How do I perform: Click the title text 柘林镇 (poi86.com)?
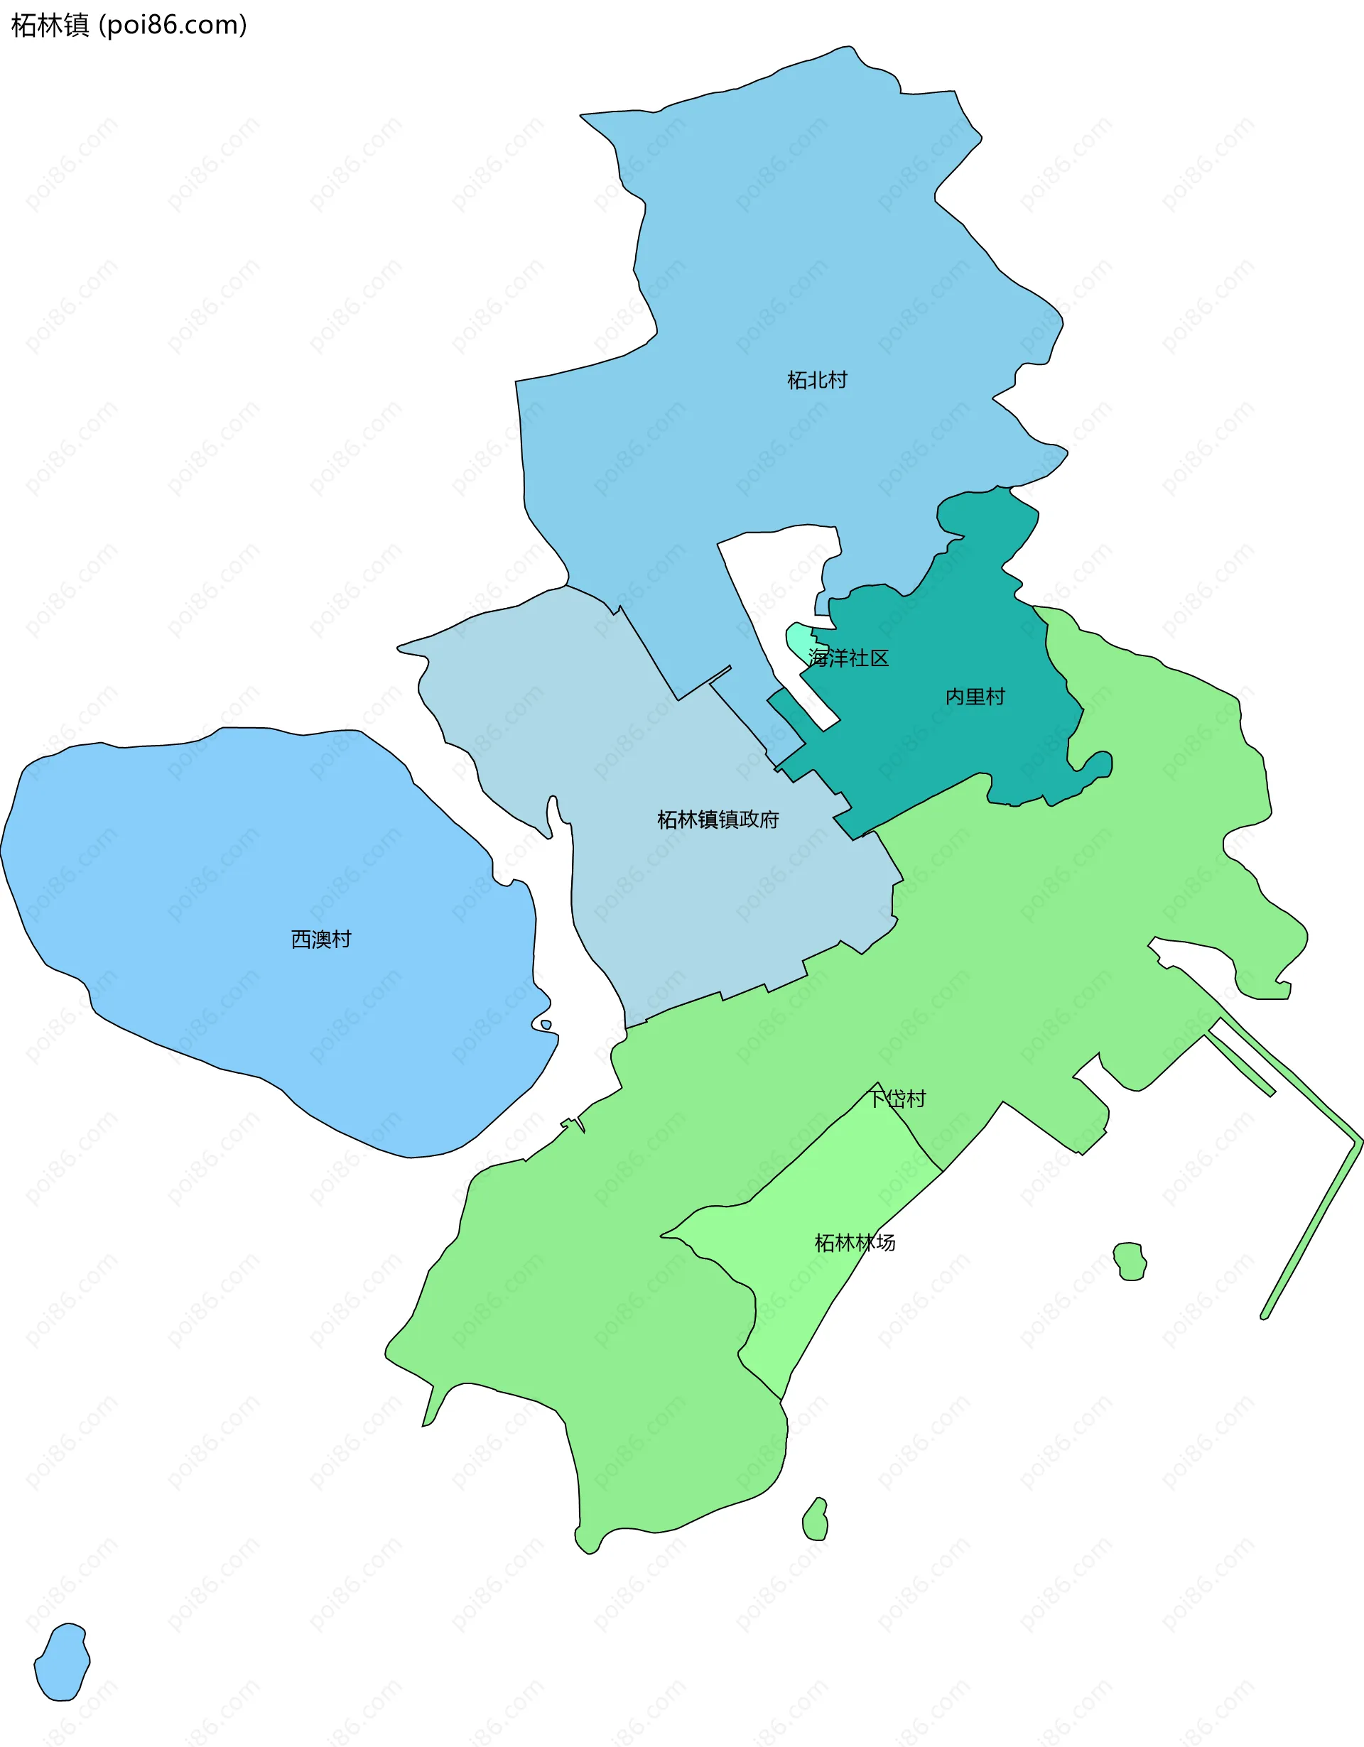coord(129,25)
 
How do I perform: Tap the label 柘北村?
coord(817,380)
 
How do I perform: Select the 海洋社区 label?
coord(849,658)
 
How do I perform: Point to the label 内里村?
coord(975,697)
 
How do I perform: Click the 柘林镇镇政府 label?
coord(718,819)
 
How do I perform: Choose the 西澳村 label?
coord(321,939)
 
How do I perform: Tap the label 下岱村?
coord(897,1099)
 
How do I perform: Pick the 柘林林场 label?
coord(855,1242)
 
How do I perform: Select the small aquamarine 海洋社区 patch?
coord(798,641)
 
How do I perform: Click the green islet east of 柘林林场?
coord(1130,1261)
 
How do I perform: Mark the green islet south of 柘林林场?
coord(815,1520)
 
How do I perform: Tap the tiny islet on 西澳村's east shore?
coord(546,1025)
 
